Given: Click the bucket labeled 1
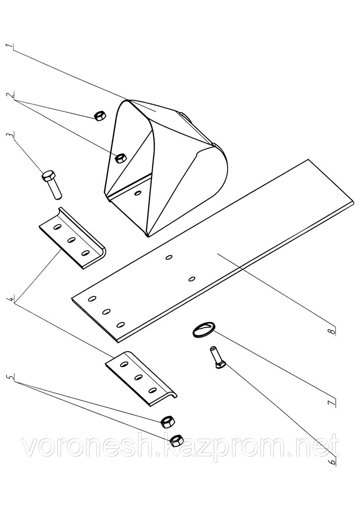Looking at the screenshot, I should click(x=167, y=159).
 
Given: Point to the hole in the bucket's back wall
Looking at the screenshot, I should click(x=138, y=193).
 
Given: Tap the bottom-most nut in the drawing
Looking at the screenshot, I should click(x=175, y=440).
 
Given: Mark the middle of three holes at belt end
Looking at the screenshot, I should click(x=106, y=311).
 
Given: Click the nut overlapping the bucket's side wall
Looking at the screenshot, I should click(x=120, y=158).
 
